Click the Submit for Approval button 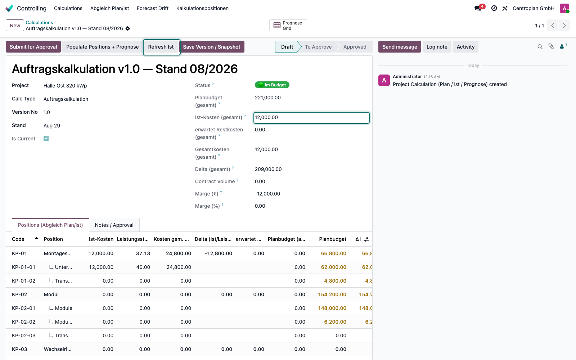(x=33, y=47)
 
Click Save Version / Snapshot (x=212, y=47)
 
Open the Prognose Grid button (x=288, y=26)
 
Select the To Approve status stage (x=318, y=47)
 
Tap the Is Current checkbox (x=46, y=138)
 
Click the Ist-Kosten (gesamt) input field (x=311, y=117)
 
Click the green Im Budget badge (x=272, y=85)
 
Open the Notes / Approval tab (x=114, y=225)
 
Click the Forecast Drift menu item (x=153, y=8)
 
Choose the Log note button (x=437, y=47)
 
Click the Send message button (x=400, y=47)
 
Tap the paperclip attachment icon (x=551, y=46)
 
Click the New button (x=15, y=26)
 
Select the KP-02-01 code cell (x=23, y=308)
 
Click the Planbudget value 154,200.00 (x=332, y=294)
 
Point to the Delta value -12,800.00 (x=218, y=253)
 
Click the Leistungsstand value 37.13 (x=143, y=253)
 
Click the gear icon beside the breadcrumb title (x=128, y=28)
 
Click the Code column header (x=18, y=239)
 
